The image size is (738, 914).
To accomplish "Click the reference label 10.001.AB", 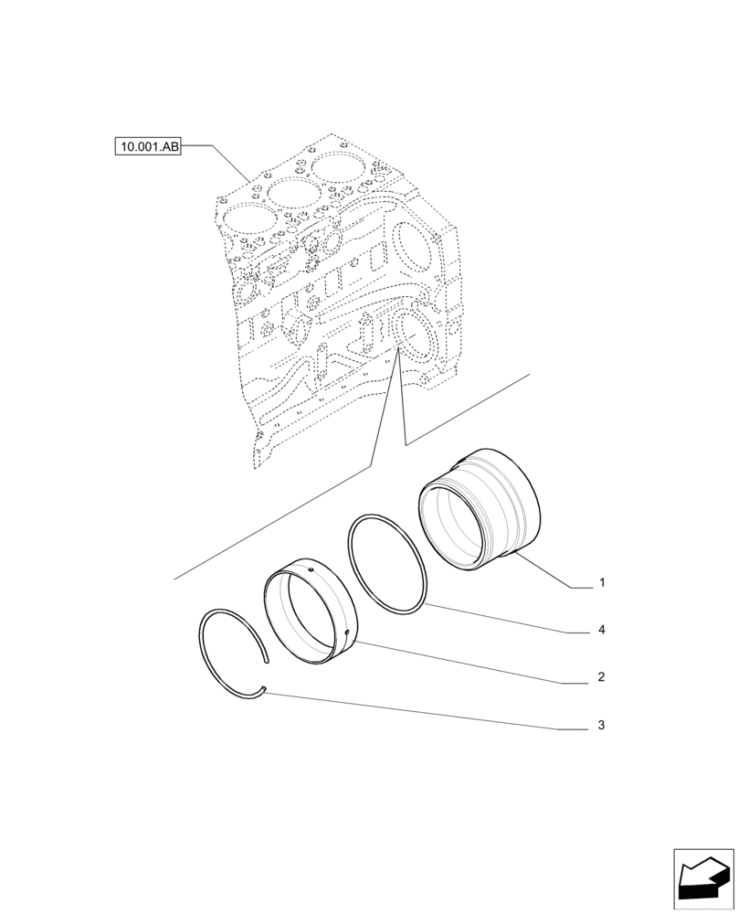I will click(x=148, y=145).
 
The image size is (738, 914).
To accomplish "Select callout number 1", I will click(x=602, y=582).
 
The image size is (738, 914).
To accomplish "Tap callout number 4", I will click(x=602, y=630).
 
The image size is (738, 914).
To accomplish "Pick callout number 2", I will click(x=602, y=678).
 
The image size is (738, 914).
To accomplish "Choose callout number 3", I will click(x=602, y=726).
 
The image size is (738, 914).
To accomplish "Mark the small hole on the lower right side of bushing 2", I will click(x=349, y=632).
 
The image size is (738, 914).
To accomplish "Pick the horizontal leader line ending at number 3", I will click(x=571, y=728).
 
